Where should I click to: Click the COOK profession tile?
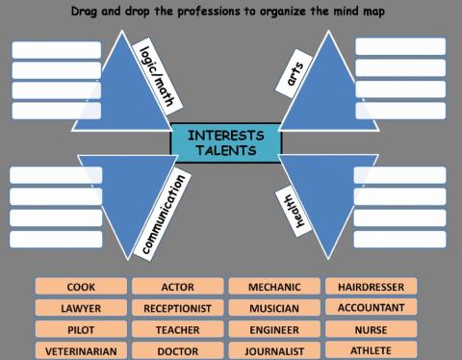pyautogui.click(x=81, y=287)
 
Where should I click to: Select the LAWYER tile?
pyautogui.click(x=81, y=309)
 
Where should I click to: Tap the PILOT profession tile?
pyautogui.click(x=81, y=330)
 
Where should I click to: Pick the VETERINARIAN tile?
pyautogui.click(x=81, y=351)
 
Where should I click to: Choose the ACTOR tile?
pyautogui.click(x=177, y=287)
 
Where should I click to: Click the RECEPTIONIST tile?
pyautogui.click(x=177, y=309)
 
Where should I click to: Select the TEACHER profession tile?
pyautogui.click(x=177, y=330)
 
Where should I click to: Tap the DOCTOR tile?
pyautogui.click(x=177, y=351)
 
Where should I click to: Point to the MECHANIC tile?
pyautogui.click(x=274, y=287)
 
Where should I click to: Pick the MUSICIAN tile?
pyautogui.click(x=274, y=309)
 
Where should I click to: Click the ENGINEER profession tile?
pyautogui.click(x=274, y=330)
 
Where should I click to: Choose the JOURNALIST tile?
pyautogui.click(x=274, y=351)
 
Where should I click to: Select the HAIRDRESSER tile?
pyautogui.click(x=371, y=286)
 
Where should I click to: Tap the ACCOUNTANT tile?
pyautogui.click(x=371, y=307)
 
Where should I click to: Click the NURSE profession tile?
pyautogui.click(x=371, y=329)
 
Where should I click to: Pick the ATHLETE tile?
pyautogui.click(x=371, y=350)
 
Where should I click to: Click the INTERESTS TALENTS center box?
pyautogui.click(x=225, y=141)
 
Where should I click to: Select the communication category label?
pyautogui.click(x=162, y=213)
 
